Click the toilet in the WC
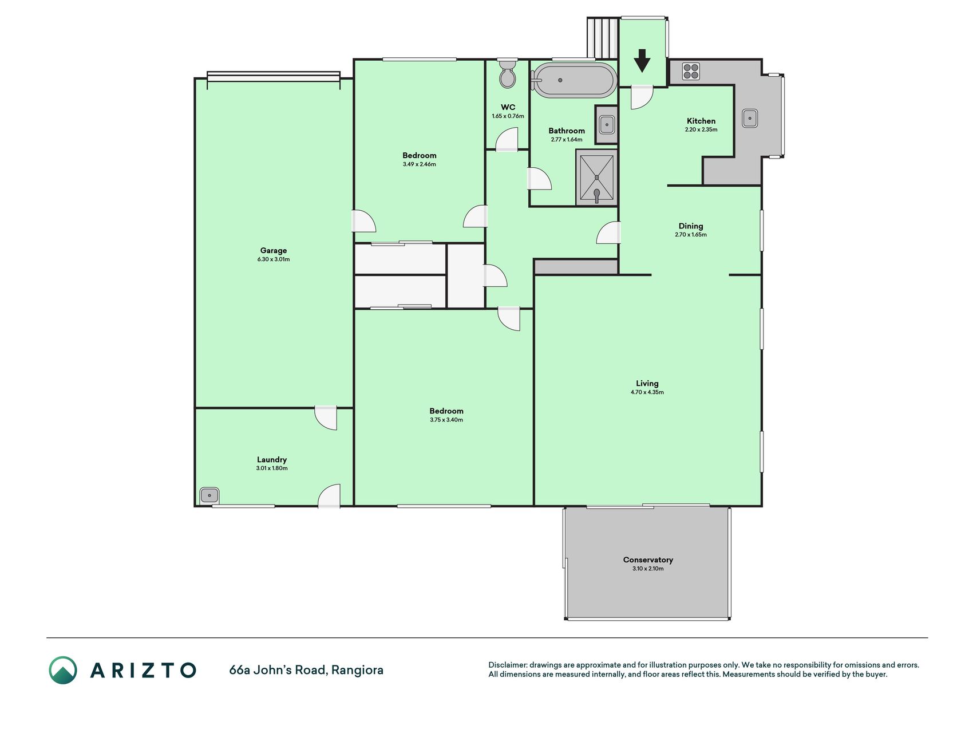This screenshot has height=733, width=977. tap(507, 73)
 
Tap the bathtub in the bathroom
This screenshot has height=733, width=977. tap(574, 80)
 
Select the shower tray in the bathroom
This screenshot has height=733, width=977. tap(596, 178)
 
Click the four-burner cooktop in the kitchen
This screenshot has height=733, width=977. tap(691, 71)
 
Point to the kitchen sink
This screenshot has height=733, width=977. tap(750, 119)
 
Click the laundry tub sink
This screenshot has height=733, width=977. tap(209, 495)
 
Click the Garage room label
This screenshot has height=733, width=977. tap(274, 250)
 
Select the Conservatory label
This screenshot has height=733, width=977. tap(648, 559)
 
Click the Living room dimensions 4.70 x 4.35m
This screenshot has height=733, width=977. tap(647, 392)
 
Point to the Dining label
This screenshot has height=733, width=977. tap(691, 226)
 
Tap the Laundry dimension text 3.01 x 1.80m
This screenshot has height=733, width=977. tap(272, 468)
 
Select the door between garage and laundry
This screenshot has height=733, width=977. tap(326, 418)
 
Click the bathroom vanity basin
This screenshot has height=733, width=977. tap(607, 124)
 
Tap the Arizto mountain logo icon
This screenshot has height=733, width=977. tap(63, 670)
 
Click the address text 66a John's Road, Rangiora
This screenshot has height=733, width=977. tap(306, 669)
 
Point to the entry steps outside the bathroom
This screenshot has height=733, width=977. tap(603, 38)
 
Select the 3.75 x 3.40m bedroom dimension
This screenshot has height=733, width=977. tap(446, 420)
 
